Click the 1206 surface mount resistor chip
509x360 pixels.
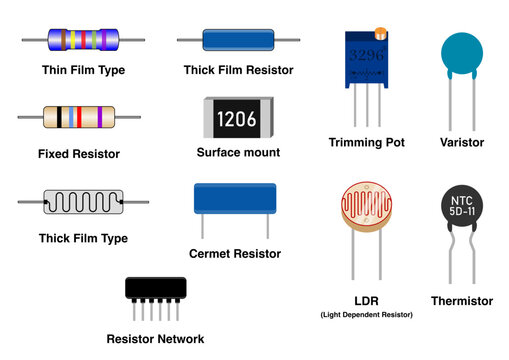point(238,119)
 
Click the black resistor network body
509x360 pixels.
point(163,288)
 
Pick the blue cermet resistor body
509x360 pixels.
point(234,201)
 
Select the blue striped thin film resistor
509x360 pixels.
point(83,40)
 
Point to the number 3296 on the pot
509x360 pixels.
point(365,55)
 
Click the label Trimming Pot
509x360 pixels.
point(366,143)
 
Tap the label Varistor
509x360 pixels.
point(461,143)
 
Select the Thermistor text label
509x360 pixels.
point(461,301)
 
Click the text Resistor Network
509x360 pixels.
point(155,339)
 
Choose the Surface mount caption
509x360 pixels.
point(238,153)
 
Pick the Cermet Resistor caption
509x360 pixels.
point(234,254)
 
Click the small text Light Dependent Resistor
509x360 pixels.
point(367,315)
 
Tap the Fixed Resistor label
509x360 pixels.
point(79,154)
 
